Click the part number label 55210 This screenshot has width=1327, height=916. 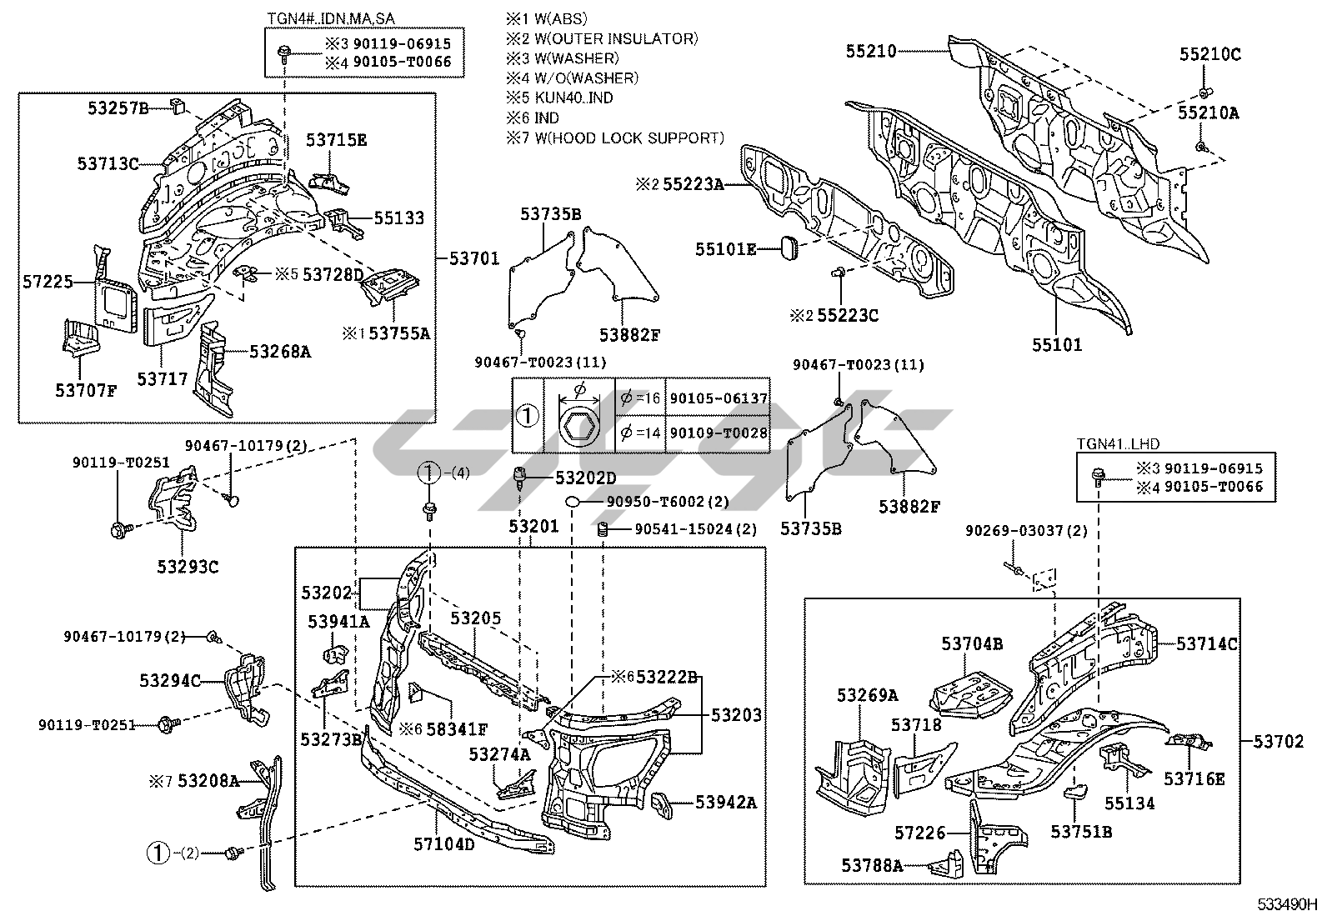point(871,51)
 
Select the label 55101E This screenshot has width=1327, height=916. point(727,248)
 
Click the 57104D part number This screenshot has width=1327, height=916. point(443,844)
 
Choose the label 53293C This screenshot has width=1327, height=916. point(188,567)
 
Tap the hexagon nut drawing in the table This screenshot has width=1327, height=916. point(580,426)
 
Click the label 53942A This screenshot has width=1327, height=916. point(725,803)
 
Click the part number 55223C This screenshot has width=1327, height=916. point(847,315)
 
